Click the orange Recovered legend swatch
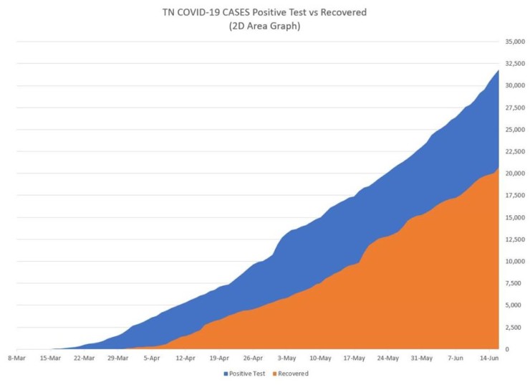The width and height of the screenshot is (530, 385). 274,374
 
